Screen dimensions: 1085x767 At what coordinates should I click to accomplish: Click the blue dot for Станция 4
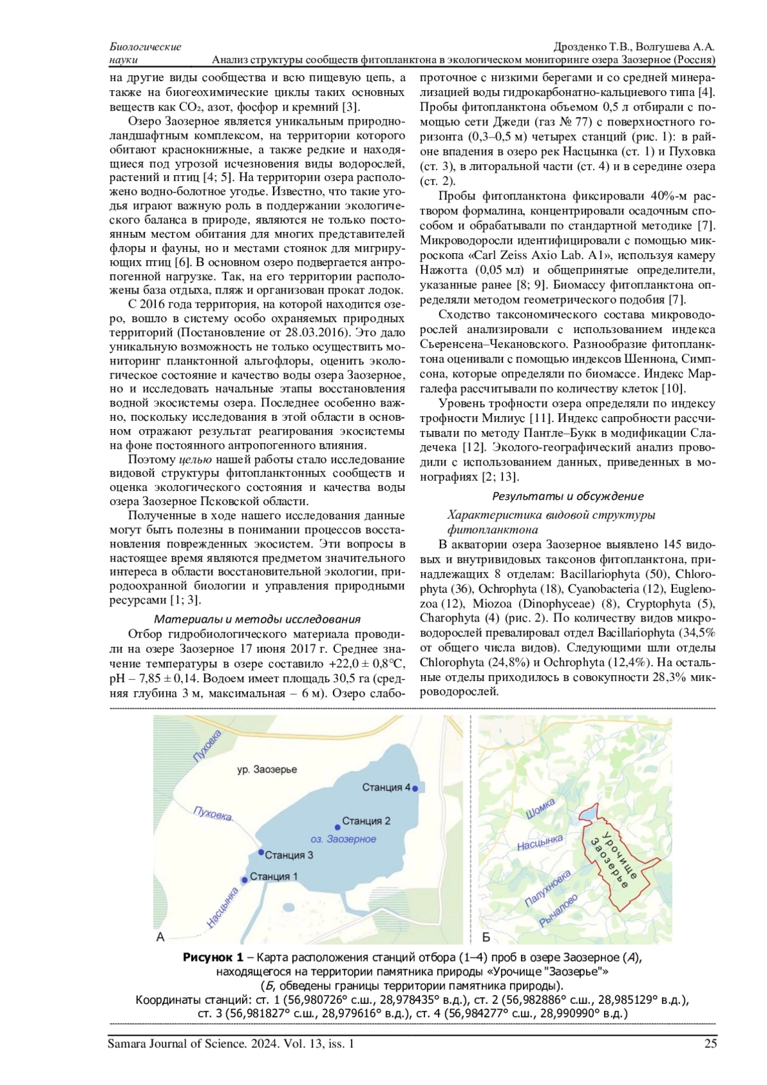point(415,788)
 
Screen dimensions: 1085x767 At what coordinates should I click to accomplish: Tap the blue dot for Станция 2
point(337,827)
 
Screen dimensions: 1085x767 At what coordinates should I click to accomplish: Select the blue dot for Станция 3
point(261,852)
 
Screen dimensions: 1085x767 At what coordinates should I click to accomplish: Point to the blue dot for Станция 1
point(245,880)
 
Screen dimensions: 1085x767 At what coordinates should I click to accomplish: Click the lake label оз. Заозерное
point(343,839)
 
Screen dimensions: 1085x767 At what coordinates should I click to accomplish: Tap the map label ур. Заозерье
point(267,769)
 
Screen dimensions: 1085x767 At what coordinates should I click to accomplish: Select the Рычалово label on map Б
point(559,910)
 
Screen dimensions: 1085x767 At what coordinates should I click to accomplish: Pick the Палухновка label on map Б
point(547,889)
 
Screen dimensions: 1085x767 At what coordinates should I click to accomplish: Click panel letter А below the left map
point(160,937)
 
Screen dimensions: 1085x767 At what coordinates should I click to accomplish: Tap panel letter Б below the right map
point(486,937)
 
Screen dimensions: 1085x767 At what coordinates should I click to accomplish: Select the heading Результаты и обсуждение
point(568,496)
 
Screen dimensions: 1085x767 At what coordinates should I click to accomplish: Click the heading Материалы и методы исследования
point(257,619)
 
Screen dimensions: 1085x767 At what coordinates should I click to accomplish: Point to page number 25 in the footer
point(710,1043)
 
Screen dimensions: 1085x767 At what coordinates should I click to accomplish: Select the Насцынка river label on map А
point(222,907)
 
